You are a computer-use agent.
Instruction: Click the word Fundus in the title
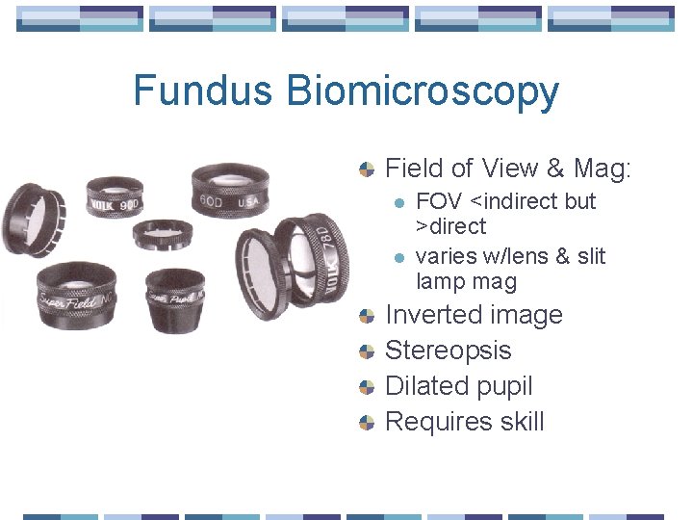[203, 91]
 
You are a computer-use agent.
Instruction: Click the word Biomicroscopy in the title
[423, 91]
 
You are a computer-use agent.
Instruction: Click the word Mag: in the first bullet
[601, 169]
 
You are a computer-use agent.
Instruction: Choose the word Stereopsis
[448, 351]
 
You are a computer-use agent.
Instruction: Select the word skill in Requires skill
[515, 422]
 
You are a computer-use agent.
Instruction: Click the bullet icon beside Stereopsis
[367, 351]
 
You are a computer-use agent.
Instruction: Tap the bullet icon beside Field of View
[367, 169]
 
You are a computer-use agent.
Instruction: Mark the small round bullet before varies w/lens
[400, 256]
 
